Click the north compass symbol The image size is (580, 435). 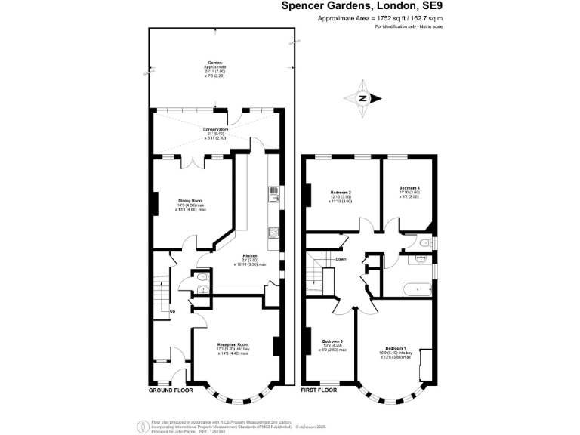tap(363, 99)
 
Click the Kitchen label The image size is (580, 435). tap(250, 255)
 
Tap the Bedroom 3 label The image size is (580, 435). tap(332, 341)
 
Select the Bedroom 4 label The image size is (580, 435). tap(409, 187)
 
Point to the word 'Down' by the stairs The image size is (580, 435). tap(341, 259)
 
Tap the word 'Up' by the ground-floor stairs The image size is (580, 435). tap(172, 311)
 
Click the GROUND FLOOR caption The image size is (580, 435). tap(170, 390)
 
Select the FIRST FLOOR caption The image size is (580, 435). tap(319, 390)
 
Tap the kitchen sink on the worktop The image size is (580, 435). tap(273, 196)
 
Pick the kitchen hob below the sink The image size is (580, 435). tap(273, 231)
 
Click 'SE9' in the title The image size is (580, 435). tap(428, 6)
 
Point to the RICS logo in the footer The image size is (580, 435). tap(139, 425)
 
